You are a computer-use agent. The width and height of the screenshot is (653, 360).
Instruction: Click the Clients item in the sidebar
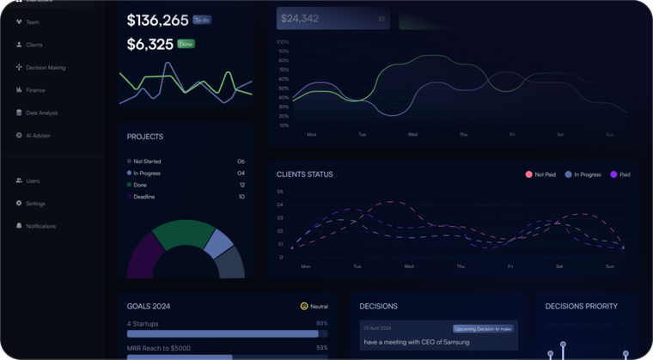click(34, 45)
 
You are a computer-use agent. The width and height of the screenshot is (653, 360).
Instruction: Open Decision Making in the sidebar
click(45, 67)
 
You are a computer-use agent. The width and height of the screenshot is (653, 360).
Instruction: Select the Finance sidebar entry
click(35, 89)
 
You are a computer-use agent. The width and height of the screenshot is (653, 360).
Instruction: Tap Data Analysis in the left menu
click(41, 113)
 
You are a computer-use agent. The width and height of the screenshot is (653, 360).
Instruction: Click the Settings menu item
click(35, 204)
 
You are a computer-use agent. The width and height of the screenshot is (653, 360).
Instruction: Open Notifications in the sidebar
click(40, 226)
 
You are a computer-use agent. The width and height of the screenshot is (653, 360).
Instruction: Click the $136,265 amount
click(157, 20)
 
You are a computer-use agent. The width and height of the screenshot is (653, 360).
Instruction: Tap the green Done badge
click(186, 44)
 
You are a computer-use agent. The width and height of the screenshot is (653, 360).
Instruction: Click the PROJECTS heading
click(145, 137)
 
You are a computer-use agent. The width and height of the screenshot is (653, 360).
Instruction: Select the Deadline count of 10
click(241, 197)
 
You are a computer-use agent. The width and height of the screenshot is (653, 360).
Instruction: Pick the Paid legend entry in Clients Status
click(620, 174)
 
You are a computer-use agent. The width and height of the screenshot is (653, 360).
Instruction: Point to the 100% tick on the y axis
click(283, 41)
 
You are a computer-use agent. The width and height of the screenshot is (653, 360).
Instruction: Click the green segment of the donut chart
click(183, 233)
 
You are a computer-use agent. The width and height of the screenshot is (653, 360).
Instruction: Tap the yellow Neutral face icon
click(304, 306)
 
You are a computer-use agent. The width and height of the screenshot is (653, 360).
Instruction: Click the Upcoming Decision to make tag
click(483, 328)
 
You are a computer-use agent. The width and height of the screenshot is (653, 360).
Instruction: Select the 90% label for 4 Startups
click(322, 324)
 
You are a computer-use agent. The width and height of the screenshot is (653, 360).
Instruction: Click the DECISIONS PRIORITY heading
click(582, 306)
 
